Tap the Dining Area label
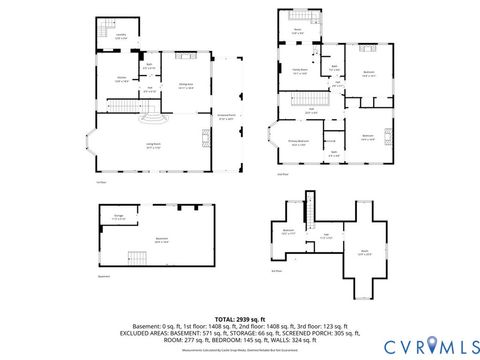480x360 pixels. pyautogui.click(x=184, y=85)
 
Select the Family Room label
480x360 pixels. pyautogui.click(x=299, y=71)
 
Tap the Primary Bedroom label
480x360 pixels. pyautogui.click(x=299, y=142)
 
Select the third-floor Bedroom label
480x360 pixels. pyautogui.click(x=289, y=231)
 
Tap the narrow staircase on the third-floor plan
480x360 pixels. pyautogui.click(x=312, y=205)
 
